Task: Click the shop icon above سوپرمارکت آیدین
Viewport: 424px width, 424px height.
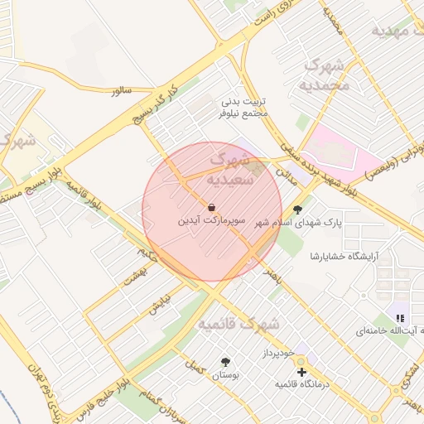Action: pos(212,207)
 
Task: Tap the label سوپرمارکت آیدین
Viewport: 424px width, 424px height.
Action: pos(212,223)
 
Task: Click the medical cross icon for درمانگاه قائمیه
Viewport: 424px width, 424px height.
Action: pos(301,373)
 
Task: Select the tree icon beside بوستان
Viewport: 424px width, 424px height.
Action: pos(225,362)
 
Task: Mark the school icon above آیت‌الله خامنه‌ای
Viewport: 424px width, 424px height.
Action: pos(401,318)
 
